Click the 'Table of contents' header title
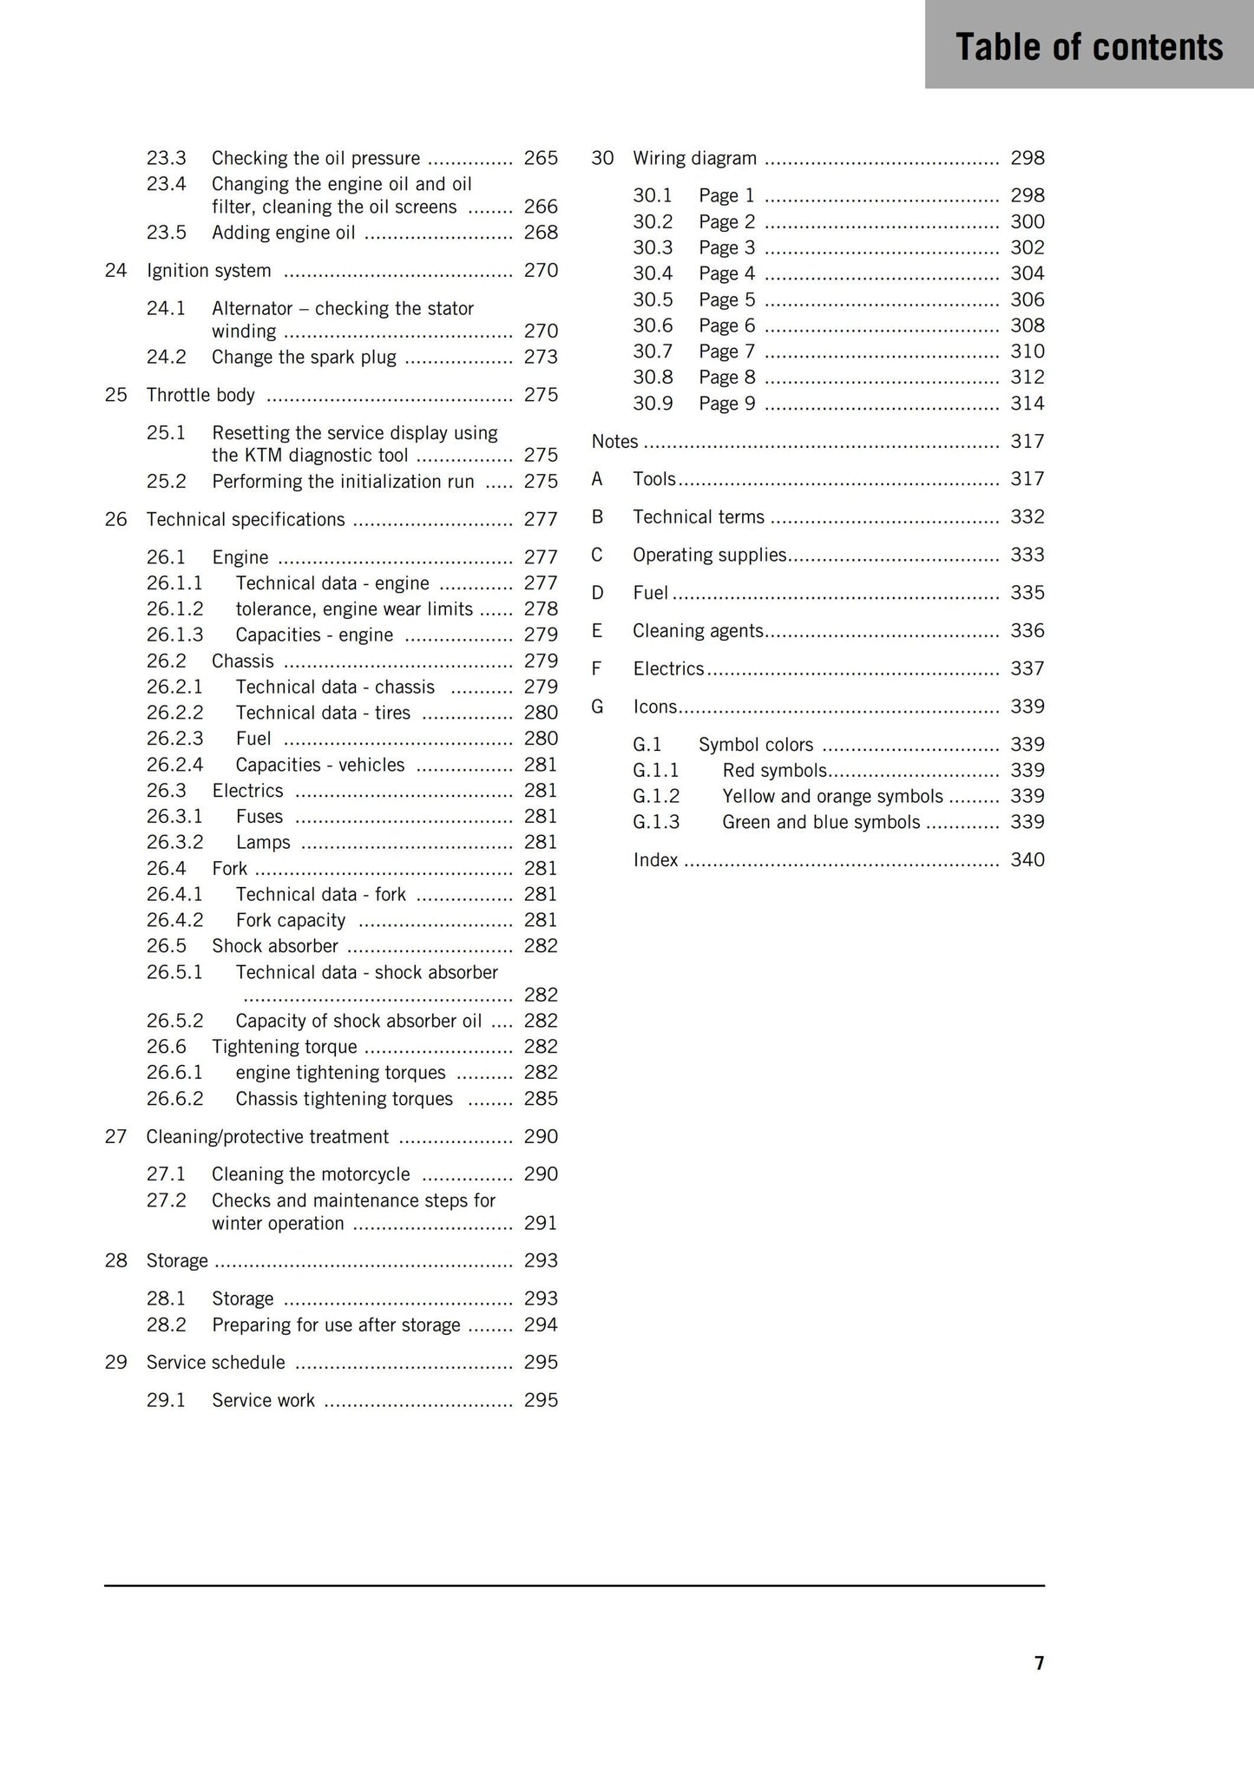tap(1089, 47)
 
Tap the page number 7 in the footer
tap(1039, 1662)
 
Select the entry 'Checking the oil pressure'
tap(316, 158)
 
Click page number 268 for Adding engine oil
tap(541, 233)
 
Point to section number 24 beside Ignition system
tap(115, 271)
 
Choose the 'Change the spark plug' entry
tap(304, 358)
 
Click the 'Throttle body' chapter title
tap(200, 395)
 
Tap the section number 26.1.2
tap(174, 609)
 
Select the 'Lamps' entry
tap(263, 843)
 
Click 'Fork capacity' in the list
tap(291, 920)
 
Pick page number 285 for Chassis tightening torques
tap(541, 1099)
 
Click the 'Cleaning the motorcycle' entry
tap(311, 1174)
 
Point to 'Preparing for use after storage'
tap(336, 1325)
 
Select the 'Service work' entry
tap(264, 1401)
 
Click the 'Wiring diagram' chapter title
tap(694, 158)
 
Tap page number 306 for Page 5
tap(1027, 299)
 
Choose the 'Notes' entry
tap(614, 442)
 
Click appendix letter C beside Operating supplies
tap(597, 555)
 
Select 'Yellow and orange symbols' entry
tap(832, 797)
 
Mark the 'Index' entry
tap(655, 860)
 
